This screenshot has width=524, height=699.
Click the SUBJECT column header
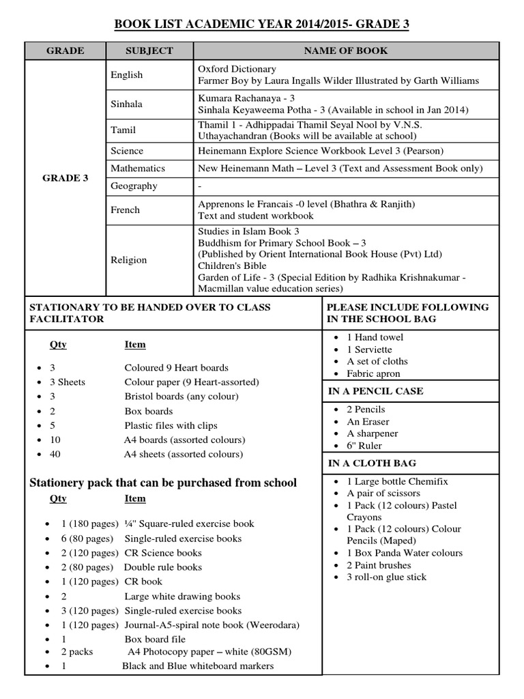pyautogui.click(x=149, y=51)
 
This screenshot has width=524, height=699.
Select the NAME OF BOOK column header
pyautogui.click(x=345, y=51)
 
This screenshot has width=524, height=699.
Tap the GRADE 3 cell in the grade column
pyautogui.click(x=65, y=177)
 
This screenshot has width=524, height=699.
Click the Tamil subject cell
pyautogui.click(x=123, y=130)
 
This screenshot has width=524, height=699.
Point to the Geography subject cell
pyautogui.click(x=134, y=186)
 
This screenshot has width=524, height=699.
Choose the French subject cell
pyautogui.click(x=125, y=210)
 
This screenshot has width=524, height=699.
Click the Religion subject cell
pyautogui.click(x=128, y=259)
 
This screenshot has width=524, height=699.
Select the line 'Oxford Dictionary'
pyautogui.click(x=237, y=69)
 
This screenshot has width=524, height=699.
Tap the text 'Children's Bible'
pyautogui.click(x=232, y=266)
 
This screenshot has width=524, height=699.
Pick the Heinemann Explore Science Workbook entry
pyautogui.click(x=320, y=151)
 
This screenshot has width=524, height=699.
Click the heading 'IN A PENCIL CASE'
pyautogui.click(x=375, y=391)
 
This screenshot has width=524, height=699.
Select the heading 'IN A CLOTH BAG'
pyautogui.click(x=371, y=463)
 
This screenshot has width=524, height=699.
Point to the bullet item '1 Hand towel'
pyautogui.click(x=375, y=337)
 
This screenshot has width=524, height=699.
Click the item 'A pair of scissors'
pyautogui.click(x=383, y=493)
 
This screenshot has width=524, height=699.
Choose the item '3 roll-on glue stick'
pyautogui.click(x=386, y=577)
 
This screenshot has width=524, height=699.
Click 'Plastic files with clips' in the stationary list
pyautogui.click(x=171, y=425)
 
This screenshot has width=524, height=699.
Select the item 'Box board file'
pyautogui.click(x=154, y=640)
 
